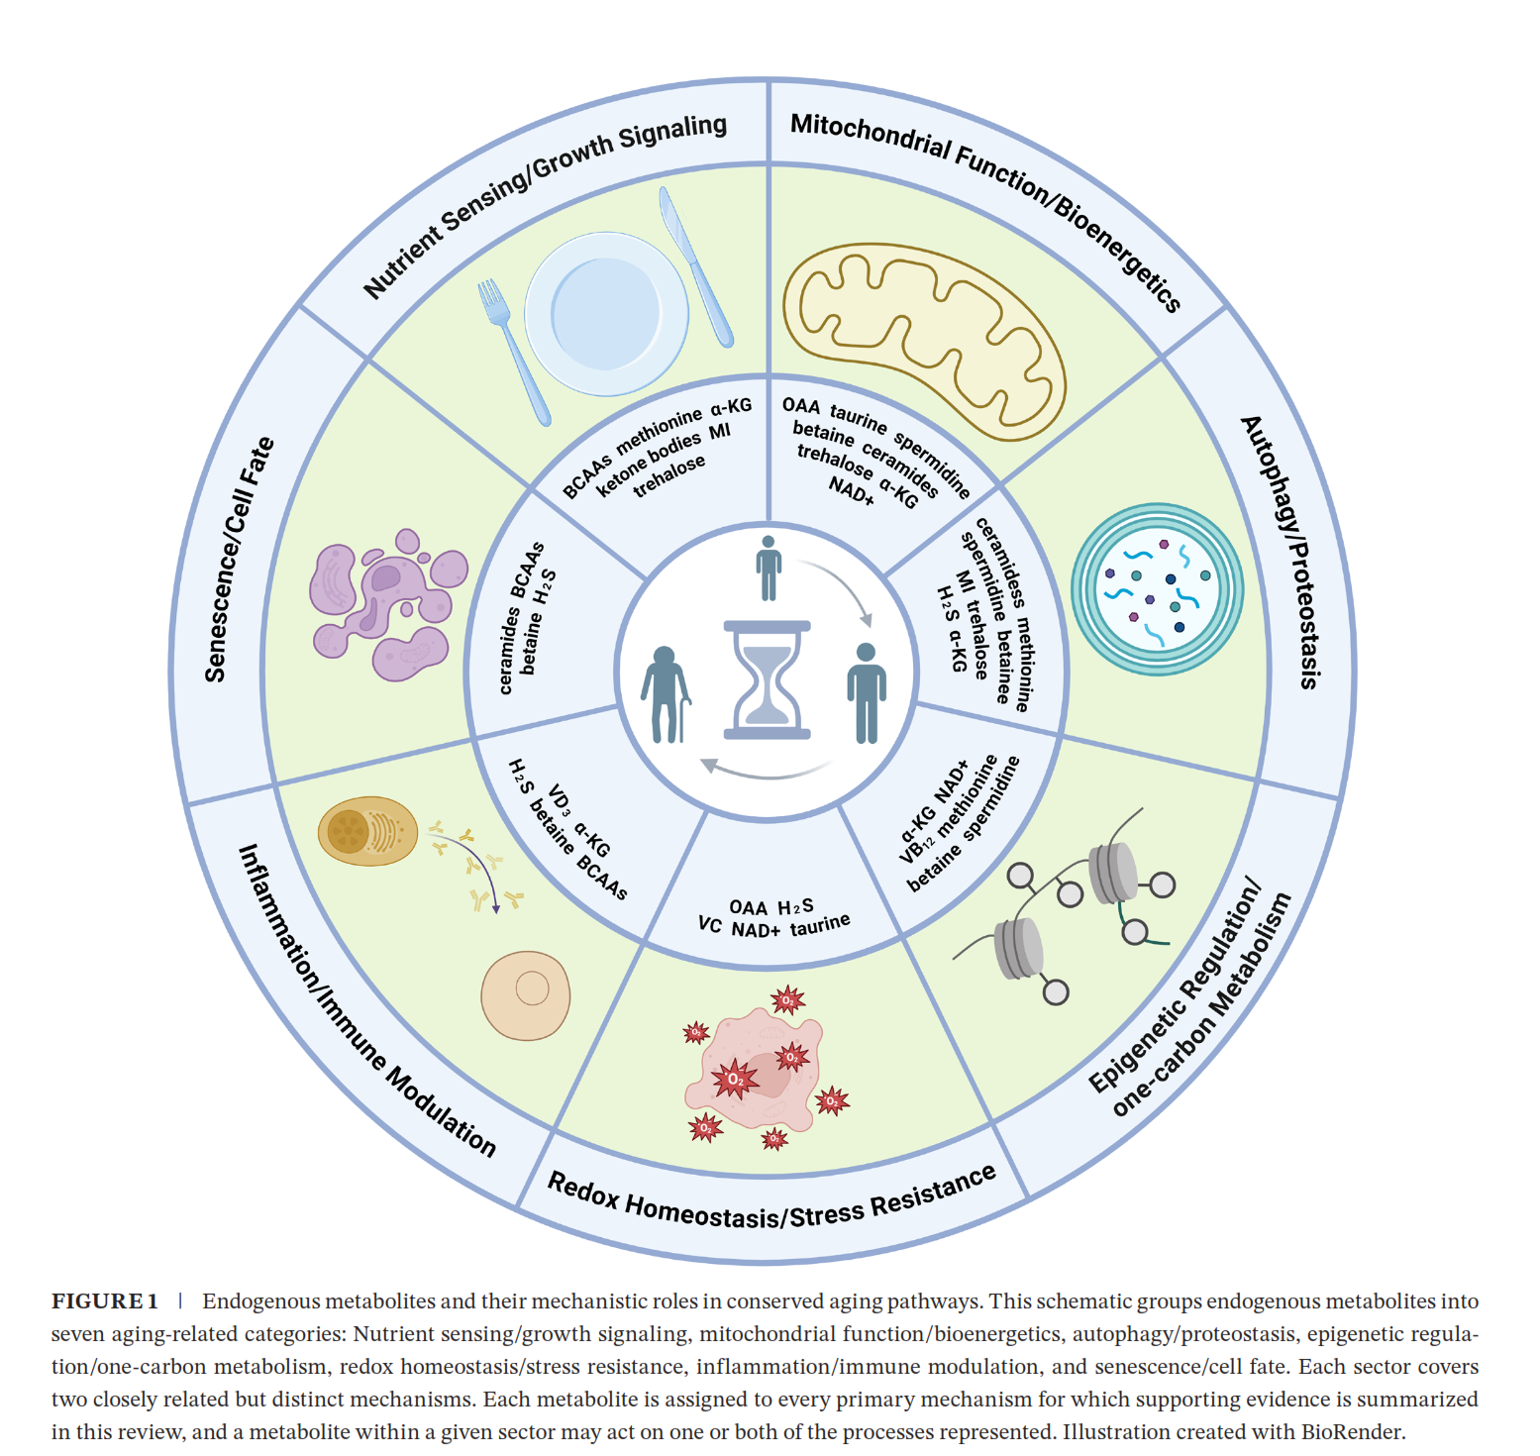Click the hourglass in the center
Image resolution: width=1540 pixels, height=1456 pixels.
768,679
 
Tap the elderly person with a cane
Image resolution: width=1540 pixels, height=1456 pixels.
665,693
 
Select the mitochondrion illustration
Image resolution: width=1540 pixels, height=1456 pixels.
922,338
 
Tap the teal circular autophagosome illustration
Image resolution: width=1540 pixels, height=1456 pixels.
1157,588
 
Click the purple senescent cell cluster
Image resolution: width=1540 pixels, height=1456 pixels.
387,605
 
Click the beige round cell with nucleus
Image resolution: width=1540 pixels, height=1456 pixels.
526,995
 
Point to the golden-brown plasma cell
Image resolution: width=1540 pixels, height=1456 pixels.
367,831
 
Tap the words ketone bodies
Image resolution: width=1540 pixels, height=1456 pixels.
649,462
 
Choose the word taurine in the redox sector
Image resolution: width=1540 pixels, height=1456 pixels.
819,925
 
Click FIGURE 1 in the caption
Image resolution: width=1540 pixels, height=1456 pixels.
105,1301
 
